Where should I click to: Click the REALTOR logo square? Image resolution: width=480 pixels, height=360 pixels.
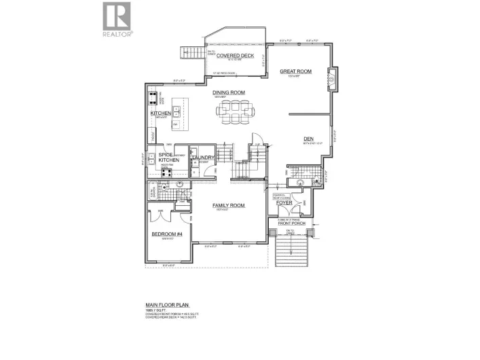pos(117,16)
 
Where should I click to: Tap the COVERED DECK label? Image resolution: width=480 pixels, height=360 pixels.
pos(235,57)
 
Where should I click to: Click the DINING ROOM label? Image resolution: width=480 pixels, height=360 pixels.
pos(228,92)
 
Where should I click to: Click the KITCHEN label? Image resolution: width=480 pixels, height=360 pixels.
pos(160,113)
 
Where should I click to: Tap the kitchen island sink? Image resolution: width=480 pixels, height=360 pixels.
pos(177,109)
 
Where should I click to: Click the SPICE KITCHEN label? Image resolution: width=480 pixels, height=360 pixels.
pos(169,158)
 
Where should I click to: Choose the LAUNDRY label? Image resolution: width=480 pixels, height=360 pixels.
pos(203,158)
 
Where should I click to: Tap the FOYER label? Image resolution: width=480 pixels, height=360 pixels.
pos(284,202)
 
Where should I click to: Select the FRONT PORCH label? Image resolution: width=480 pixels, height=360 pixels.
pos(283,223)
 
